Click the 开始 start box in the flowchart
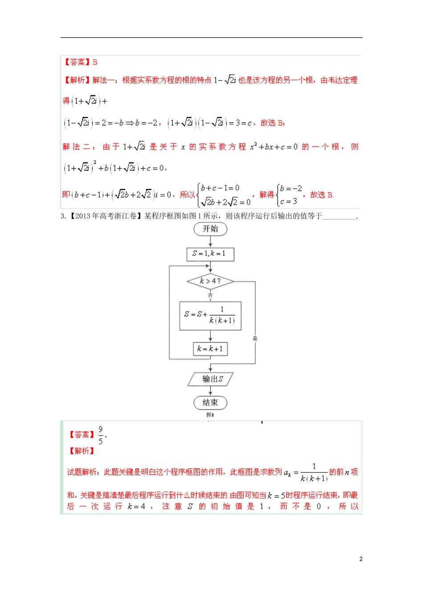click(x=210, y=229)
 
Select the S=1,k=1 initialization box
click(x=210, y=254)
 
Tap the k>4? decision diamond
click(x=210, y=281)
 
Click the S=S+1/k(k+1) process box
click(x=210, y=315)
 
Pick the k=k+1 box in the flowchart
click(x=210, y=349)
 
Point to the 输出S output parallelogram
click(x=211, y=379)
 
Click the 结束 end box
click(x=210, y=403)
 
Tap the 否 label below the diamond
click(x=210, y=295)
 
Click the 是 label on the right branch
click(x=255, y=339)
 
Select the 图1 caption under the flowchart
click(x=210, y=415)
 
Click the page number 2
click(x=361, y=559)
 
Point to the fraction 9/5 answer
click(x=101, y=435)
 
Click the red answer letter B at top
click(x=95, y=62)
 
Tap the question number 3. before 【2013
click(x=63, y=216)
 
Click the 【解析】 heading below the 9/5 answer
click(x=81, y=451)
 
